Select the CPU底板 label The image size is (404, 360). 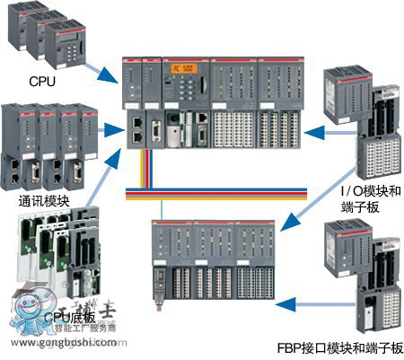pyautogui.click(x=68, y=318)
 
